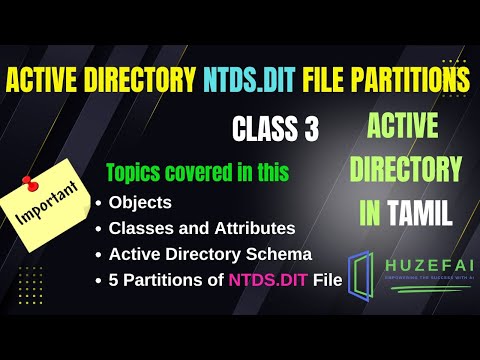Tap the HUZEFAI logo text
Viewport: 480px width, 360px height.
coord(424,261)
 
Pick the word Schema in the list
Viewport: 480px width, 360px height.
coord(284,254)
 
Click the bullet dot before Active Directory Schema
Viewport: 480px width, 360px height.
coord(98,255)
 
